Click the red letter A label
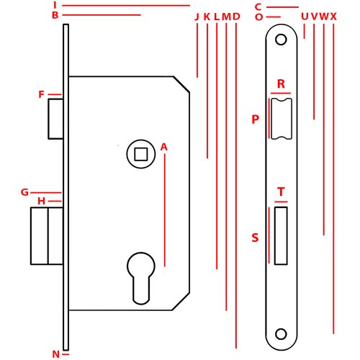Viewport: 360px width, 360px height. [x=164, y=147]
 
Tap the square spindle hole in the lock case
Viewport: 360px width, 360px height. [x=141, y=154]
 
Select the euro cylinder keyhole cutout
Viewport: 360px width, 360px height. [x=141, y=279]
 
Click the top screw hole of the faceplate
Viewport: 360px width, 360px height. [x=281, y=40]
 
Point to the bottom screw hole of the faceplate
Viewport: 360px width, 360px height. [x=281, y=334]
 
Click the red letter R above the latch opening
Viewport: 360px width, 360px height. [x=281, y=84]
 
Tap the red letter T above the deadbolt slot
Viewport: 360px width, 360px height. [x=281, y=192]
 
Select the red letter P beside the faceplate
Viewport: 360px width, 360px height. [x=256, y=120]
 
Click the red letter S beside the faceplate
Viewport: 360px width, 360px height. [x=255, y=238]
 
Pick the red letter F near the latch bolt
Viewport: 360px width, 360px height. [x=42, y=94]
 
